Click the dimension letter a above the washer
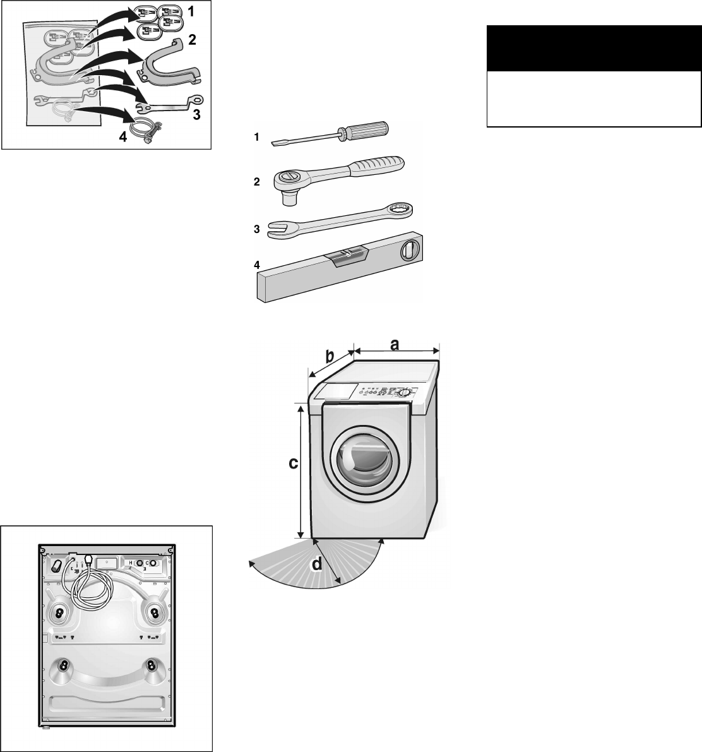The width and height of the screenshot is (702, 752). click(x=395, y=343)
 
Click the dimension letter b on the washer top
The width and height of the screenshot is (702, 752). click(x=330, y=357)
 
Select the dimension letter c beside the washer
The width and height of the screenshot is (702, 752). click(x=293, y=463)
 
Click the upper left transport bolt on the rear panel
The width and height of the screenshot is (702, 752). click(x=58, y=612)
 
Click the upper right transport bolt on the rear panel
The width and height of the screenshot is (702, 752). click(x=154, y=612)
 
